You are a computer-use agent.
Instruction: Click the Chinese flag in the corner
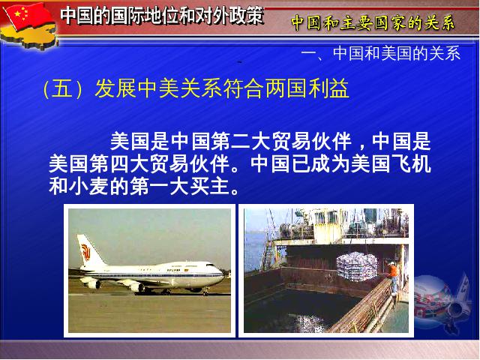click(28, 15)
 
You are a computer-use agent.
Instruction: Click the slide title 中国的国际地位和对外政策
click(162, 15)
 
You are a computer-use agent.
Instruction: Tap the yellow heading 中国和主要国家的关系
click(373, 22)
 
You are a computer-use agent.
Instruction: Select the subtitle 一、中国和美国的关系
click(381, 53)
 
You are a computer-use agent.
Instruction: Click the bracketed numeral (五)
click(62, 88)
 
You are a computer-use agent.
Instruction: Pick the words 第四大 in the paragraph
click(120, 163)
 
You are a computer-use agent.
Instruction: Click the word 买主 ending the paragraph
click(210, 186)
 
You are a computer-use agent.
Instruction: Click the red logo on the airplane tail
click(85, 252)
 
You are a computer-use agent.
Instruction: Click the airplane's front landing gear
click(205, 292)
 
